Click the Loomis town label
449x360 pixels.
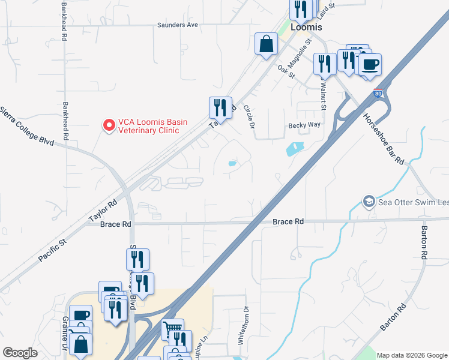[306, 28]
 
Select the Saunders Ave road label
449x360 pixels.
[177, 25]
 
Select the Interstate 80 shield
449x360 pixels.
[378, 94]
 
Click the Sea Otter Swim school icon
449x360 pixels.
[369, 202]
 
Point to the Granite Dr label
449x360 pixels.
[65, 334]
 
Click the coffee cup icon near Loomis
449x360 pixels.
[370, 64]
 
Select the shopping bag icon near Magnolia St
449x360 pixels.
[265, 44]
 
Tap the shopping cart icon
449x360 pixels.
[172, 329]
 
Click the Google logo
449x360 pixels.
[20, 353]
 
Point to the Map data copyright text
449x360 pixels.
[411, 355]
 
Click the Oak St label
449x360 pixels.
[287, 71]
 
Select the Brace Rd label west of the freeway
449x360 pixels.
[115, 224]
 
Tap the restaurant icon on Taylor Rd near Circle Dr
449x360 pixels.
[220, 108]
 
